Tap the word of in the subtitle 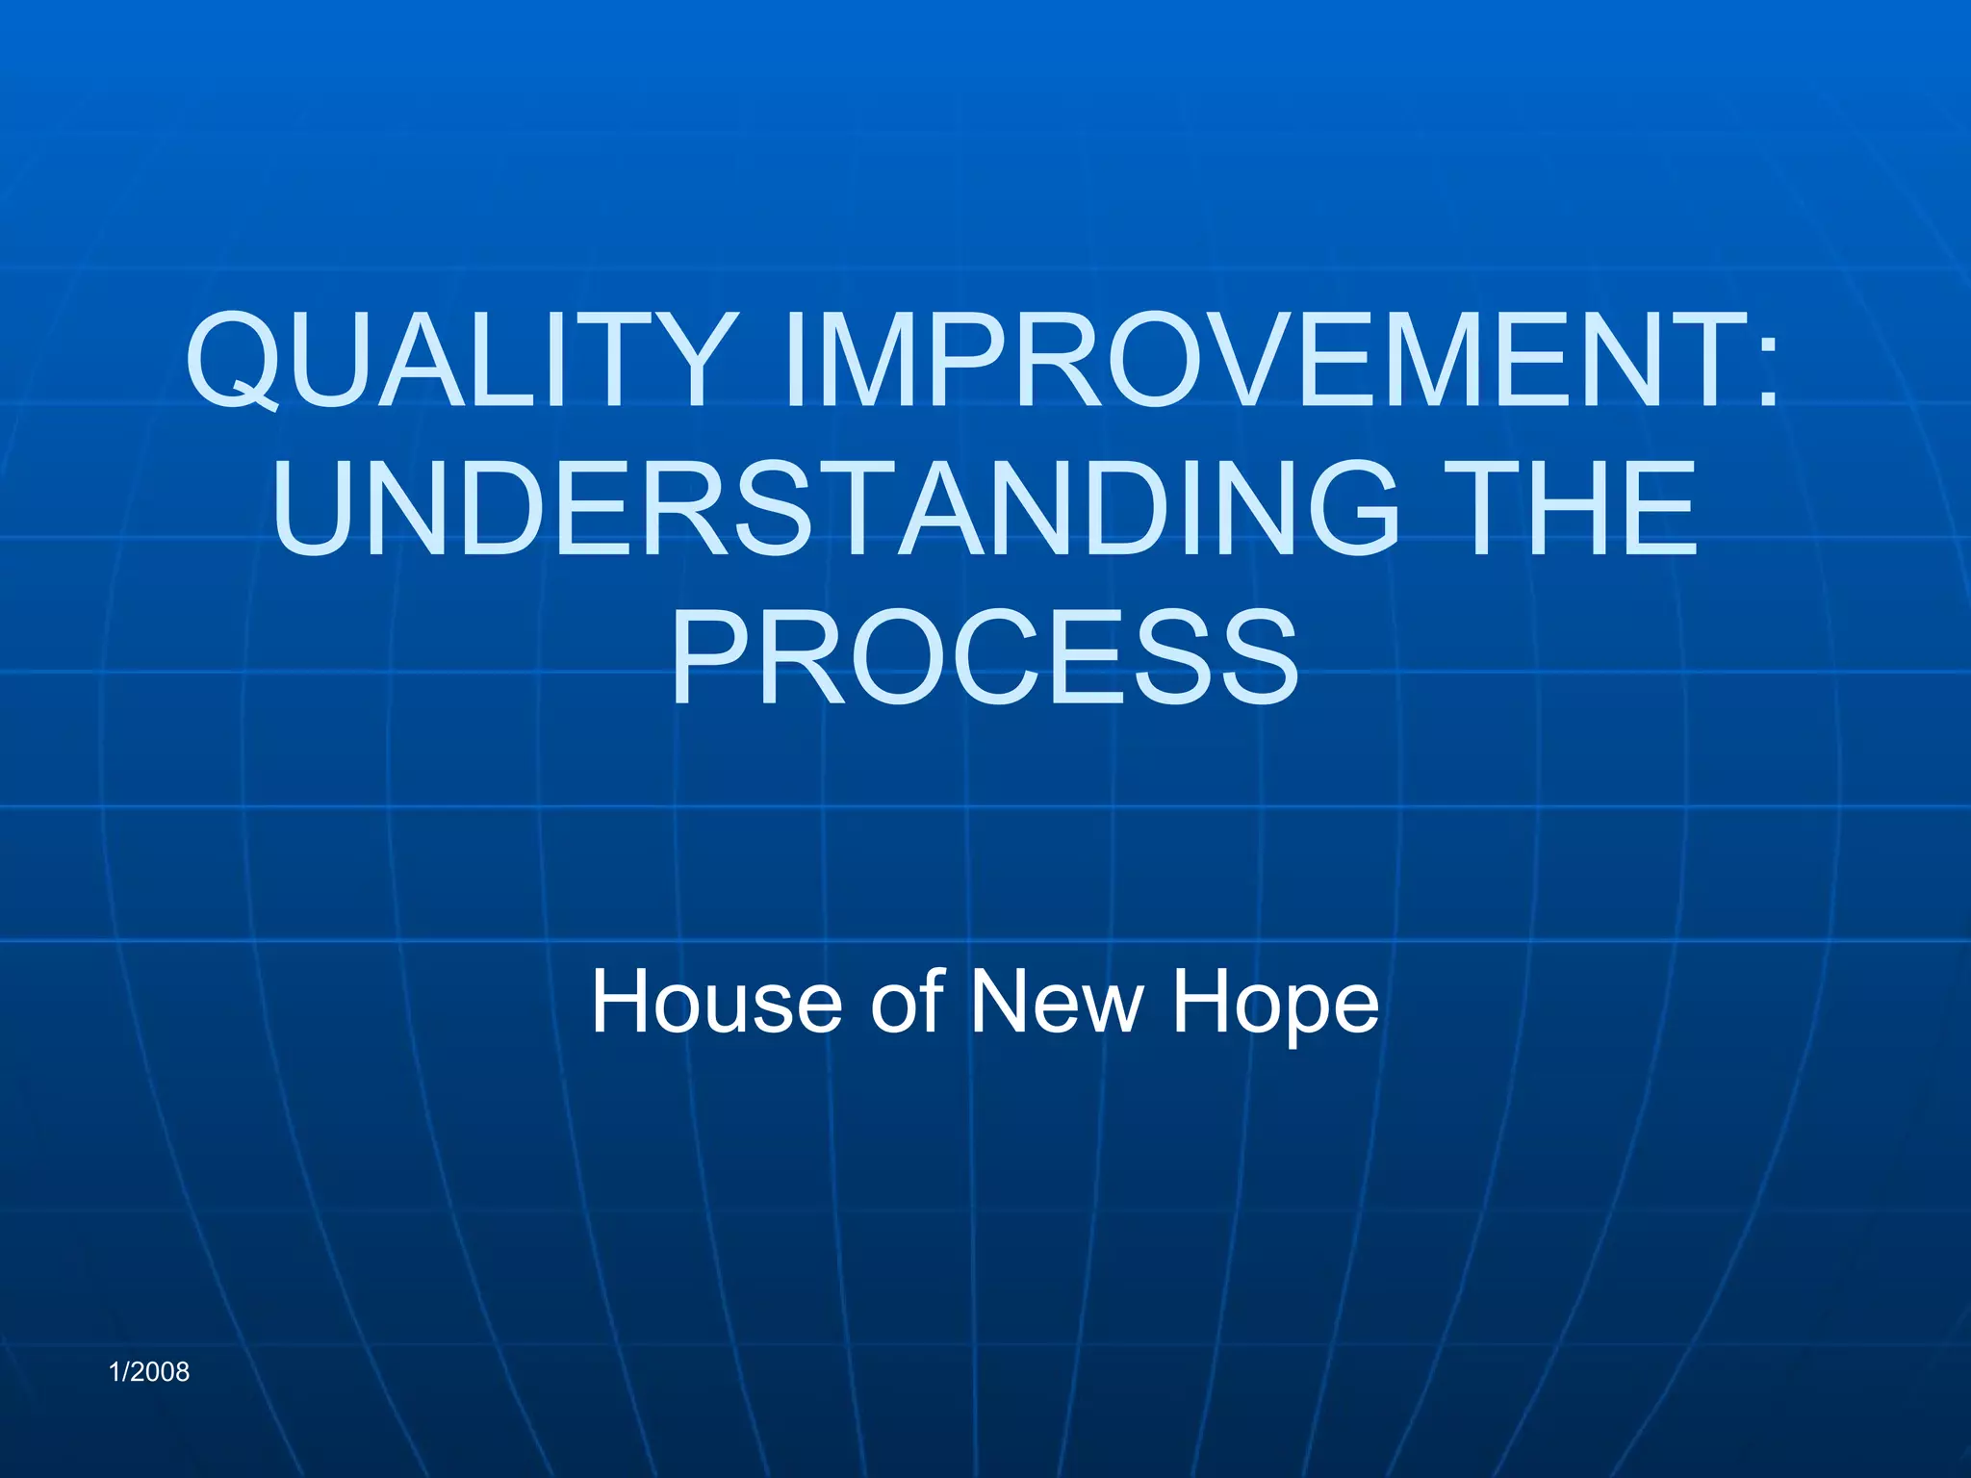pyautogui.click(x=906, y=1002)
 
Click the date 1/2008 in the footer pyautogui.click(x=150, y=1371)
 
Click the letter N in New pyautogui.click(x=1001, y=1002)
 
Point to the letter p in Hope pyautogui.click(x=1286, y=1010)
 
